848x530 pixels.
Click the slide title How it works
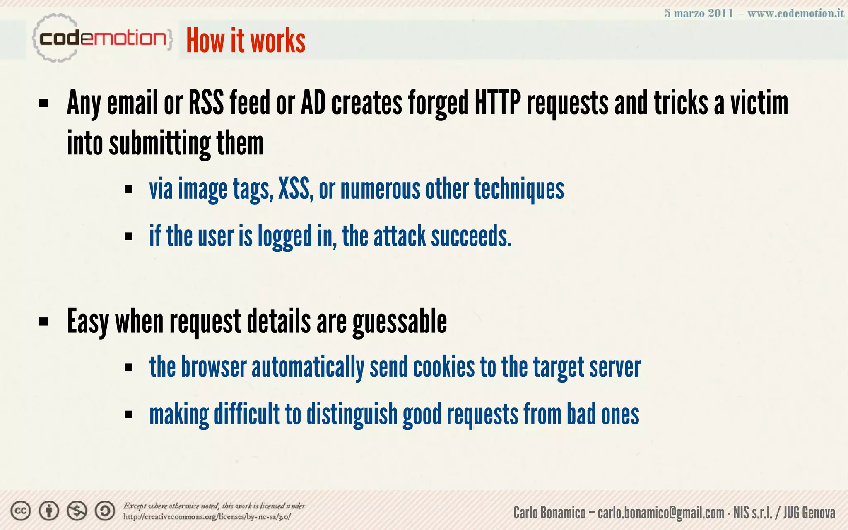pyautogui.click(x=246, y=41)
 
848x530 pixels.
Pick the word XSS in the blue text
pyautogui.click(x=295, y=189)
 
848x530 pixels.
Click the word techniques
pyautogui.click(x=519, y=189)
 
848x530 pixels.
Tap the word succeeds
pyautogui.click(x=471, y=236)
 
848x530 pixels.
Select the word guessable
pyautogui.click(x=400, y=322)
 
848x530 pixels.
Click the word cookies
pyautogui.click(x=444, y=367)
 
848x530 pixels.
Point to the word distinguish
pyautogui.click(x=352, y=414)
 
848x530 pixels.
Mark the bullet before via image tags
pyautogui.click(x=128, y=190)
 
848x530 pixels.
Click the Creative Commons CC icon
pyautogui.click(x=21, y=511)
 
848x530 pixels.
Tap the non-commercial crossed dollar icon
pyautogui.click(x=77, y=511)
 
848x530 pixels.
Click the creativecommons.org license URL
pyautogui.click(x=207, y=517)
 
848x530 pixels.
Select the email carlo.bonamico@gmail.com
pyautogui.click(x=660, y=513)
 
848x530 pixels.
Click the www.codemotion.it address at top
pyautogui.click(x=795, y=13)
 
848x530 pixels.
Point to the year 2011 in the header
pyautogui.click(x=720, y=13)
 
